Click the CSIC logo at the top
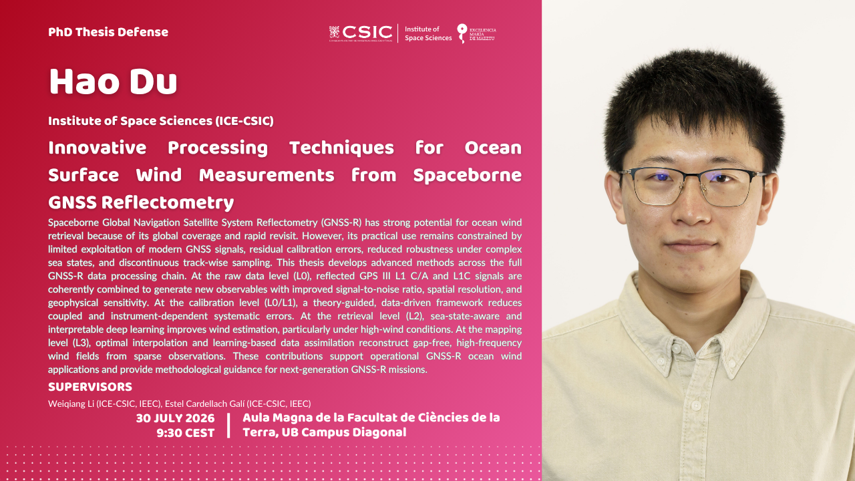(361, 33)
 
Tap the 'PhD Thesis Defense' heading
(108, 32)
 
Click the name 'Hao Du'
(113, 82)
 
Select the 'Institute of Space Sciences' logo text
(428, 33)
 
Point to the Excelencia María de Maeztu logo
(477, 33)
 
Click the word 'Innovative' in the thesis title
(98, 148)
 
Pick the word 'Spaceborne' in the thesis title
(468, 176)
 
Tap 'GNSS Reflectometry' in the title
(141, 202)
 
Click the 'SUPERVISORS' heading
(90, 387)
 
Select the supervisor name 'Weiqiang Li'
(71, 404)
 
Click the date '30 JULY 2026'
(175, 418)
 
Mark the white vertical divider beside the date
(228, 426)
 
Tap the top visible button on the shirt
(676, 349)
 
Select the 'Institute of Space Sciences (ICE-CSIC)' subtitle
(161, 121)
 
